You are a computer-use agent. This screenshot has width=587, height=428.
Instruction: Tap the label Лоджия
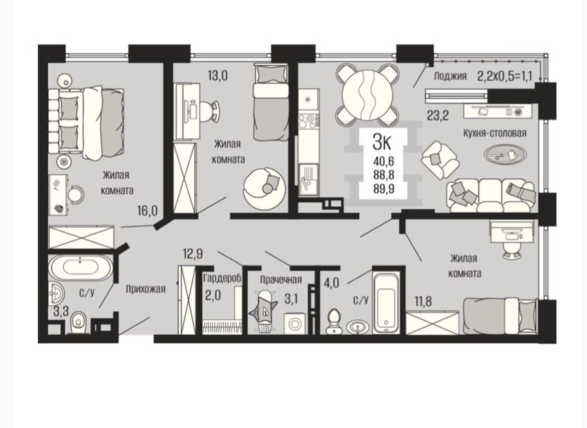click(450, 76)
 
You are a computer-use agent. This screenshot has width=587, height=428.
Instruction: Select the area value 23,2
click(438, 115)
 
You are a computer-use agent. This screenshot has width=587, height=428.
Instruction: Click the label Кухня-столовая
click(495, 133)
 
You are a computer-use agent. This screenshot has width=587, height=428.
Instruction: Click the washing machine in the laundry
click(295, 323)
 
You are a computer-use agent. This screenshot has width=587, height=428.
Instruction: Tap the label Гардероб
click(222, 279)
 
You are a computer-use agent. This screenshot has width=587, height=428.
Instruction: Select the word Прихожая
click(145, 288)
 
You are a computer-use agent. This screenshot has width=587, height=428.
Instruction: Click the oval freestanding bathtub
click(80, 267)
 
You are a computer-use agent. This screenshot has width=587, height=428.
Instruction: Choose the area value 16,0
click(147, 211)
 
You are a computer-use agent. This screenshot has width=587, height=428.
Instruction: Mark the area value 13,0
click(217, 76)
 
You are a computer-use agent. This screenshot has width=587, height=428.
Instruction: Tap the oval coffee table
click(505, 153)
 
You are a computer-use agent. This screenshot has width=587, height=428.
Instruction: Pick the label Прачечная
click(280, 280)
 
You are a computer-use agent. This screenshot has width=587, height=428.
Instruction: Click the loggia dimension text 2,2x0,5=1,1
click(505, 76)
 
